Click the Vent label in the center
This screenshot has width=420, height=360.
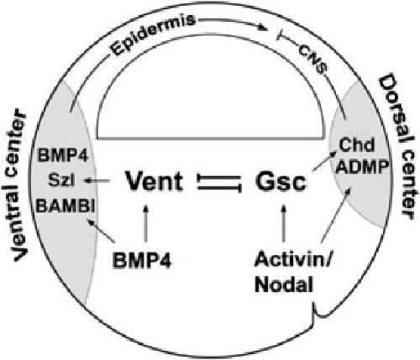(155, 181)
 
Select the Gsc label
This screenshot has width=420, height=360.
(281, 182)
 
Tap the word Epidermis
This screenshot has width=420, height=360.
(153, 35)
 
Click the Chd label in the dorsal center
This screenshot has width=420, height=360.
(356, 145)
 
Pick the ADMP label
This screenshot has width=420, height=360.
(362, 168)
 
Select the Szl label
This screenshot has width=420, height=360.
(61, 180)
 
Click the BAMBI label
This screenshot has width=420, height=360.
(65, 206)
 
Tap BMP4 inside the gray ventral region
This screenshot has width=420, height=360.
(63, 155)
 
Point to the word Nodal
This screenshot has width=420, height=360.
(283, 285)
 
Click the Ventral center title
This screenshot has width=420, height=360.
(19, 185)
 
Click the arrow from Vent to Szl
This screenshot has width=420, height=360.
(97, 181)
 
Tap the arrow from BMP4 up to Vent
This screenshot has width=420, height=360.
(145, 224)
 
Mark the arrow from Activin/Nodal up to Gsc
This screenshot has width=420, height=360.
(284, 223)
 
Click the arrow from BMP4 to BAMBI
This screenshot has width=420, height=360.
(101, 231)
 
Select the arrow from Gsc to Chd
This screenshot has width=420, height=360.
(324, 161)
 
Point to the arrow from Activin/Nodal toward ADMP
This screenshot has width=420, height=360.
(335, 215)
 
